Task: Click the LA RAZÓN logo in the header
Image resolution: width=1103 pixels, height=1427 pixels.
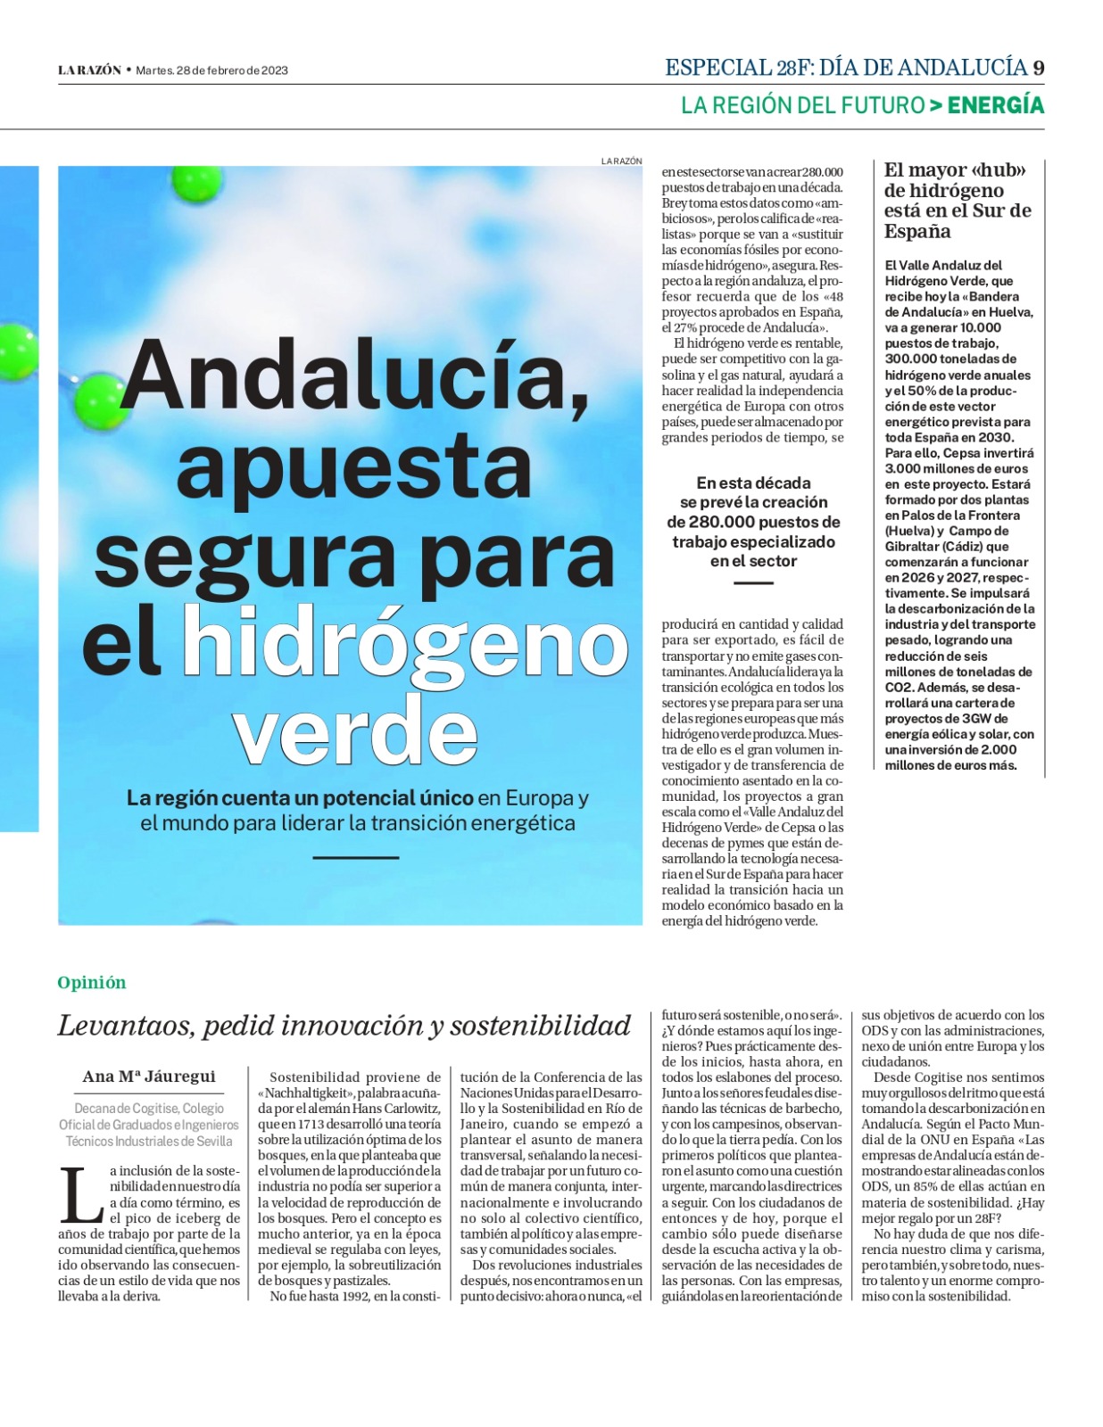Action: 89,70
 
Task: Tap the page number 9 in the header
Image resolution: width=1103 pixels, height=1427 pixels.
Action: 1038,68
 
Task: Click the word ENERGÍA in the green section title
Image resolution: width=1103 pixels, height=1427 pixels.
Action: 995,105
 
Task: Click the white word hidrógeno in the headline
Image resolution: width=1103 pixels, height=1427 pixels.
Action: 405,640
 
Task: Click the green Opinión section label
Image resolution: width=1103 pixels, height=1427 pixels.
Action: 92,983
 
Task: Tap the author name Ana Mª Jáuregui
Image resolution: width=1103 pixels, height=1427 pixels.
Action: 149,1076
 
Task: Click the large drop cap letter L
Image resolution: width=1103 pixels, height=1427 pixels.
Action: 81,1196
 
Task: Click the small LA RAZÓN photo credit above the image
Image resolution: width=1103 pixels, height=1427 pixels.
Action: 621,161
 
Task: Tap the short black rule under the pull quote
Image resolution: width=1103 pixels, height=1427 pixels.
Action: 753,583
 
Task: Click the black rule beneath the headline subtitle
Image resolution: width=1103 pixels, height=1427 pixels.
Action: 355,858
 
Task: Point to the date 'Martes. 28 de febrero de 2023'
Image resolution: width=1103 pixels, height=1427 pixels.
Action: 211,70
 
